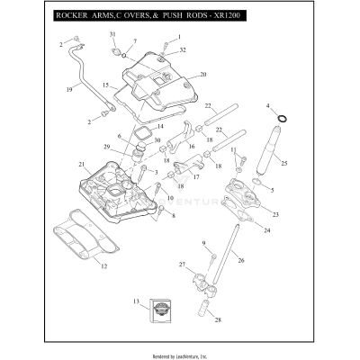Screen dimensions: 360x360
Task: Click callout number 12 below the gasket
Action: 103,266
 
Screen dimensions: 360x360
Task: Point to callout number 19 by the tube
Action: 69,90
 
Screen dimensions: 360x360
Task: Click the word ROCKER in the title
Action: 73,16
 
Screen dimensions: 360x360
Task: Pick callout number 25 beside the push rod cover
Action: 284,164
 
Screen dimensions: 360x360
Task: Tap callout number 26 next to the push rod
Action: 240,260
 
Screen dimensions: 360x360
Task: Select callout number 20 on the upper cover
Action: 203,75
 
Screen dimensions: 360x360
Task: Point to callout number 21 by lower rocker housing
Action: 81,165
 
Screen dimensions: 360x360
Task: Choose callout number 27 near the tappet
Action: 182,265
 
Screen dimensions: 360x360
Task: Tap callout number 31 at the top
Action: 113,33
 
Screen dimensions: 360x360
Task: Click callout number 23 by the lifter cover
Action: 275,214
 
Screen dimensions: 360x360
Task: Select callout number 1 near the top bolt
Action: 179,36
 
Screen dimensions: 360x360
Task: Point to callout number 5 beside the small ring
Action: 271,191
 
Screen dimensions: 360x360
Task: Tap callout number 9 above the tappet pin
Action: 203,243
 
